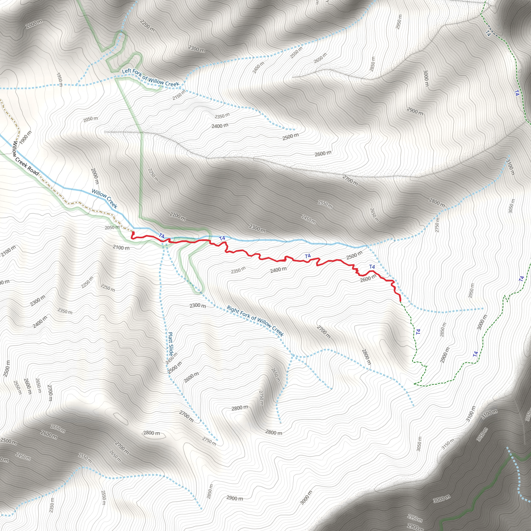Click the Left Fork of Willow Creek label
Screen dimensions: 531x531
pos(150,77)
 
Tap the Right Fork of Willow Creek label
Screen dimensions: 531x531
pos(255,321)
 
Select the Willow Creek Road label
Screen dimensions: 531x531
pos(26,158)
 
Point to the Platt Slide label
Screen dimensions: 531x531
pos(171,344)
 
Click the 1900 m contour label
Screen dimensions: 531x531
pos(26,137)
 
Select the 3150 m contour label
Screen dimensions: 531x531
pos(448,444)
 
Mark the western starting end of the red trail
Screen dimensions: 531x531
pos(133,233)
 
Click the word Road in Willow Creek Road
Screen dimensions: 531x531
pos(33,171)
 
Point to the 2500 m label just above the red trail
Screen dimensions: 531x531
pos(354,255)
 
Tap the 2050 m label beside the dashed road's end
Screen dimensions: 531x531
pos(112,227)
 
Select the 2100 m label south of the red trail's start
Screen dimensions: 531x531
pos(121,247)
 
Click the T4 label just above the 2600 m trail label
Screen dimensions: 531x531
pos(372,267)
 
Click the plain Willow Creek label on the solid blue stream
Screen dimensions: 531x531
pos(104,199)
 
